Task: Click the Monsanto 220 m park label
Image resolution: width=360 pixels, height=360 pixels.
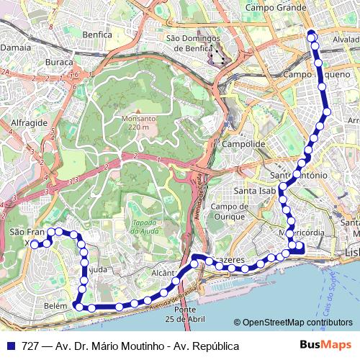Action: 135,122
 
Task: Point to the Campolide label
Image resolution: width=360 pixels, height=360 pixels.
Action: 244,144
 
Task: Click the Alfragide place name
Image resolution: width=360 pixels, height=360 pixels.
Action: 29,123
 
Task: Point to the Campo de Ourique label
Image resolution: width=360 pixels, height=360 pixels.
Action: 230,212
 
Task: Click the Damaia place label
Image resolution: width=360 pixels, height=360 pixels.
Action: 15,46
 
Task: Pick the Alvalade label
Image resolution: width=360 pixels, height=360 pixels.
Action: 346,40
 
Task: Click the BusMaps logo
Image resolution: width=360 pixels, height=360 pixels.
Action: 325,346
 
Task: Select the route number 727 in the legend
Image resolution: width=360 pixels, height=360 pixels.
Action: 30,346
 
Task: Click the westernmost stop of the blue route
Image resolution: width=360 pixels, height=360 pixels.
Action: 35,244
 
